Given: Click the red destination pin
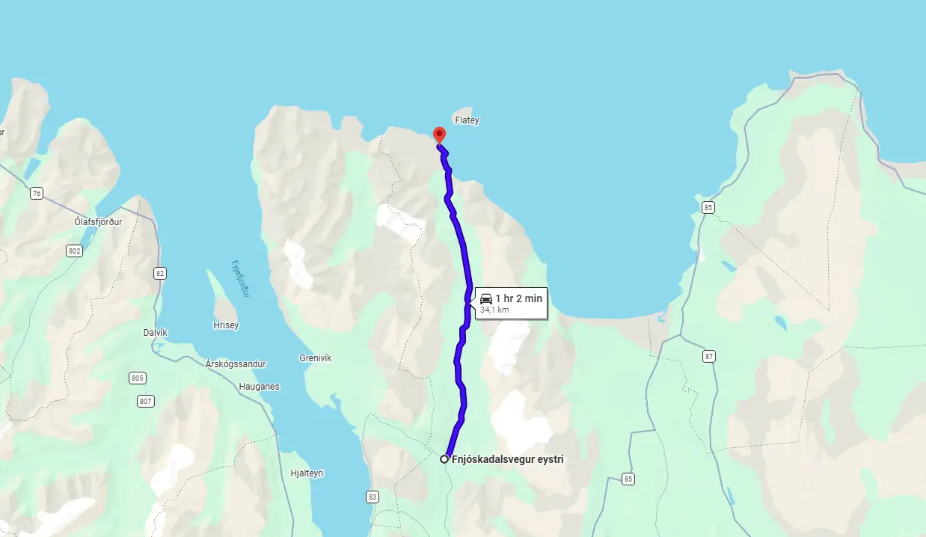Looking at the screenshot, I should point(439,135).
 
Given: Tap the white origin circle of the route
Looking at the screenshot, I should point(444,459).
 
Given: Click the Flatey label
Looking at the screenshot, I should point(467,120).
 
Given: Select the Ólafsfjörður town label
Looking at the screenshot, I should point(98,222).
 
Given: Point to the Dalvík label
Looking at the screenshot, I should point(155,332).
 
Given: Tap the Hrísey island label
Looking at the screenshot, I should point(226,325).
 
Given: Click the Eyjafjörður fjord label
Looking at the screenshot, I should point(240,279).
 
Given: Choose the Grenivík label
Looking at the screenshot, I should point(315,358).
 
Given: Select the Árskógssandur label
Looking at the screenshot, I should point(236,363).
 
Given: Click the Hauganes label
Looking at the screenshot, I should point(259,387).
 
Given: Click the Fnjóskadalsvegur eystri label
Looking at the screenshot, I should point(508,460).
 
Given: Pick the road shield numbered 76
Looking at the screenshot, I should point(37,194).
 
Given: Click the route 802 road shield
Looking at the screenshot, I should point(74,251).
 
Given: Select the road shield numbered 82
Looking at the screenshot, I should point(159,273).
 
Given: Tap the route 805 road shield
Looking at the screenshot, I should point(137,378).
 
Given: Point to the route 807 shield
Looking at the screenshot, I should point(145,402).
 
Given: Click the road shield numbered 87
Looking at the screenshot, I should point(709,356).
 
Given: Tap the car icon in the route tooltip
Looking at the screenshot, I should point(486,298).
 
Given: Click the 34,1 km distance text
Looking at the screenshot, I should point(494,310).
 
